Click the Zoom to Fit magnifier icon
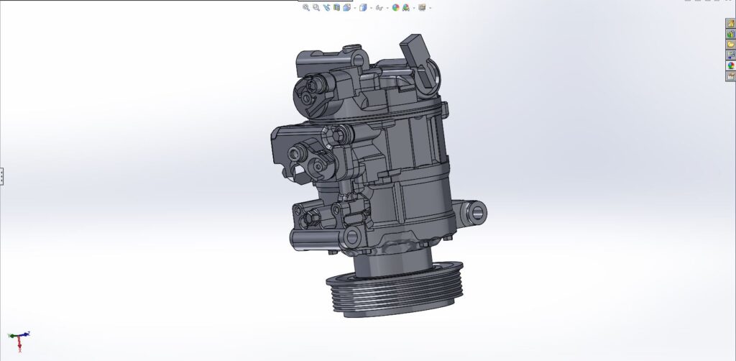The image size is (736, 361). [x=306, y=7]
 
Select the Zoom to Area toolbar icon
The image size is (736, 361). [x=316, y=7]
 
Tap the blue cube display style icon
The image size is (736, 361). [x=363, y=7]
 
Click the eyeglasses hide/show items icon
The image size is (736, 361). [x=379, y=7]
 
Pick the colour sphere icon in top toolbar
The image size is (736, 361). [x=395, y=7]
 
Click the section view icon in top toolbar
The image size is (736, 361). [x=336, y=7]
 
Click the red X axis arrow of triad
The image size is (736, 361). [x=20, y=347]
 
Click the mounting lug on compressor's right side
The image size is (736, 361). [x=476, y=211]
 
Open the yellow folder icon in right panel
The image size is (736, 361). [x=730, y=45]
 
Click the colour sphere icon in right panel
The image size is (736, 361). [x=730, y=65]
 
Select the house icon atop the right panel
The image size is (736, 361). [x=730, y=24]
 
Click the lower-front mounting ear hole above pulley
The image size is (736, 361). [x=352, y=237]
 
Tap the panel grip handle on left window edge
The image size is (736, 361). [x=2, y=175]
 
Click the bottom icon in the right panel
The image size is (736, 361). [x=730, y=76]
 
